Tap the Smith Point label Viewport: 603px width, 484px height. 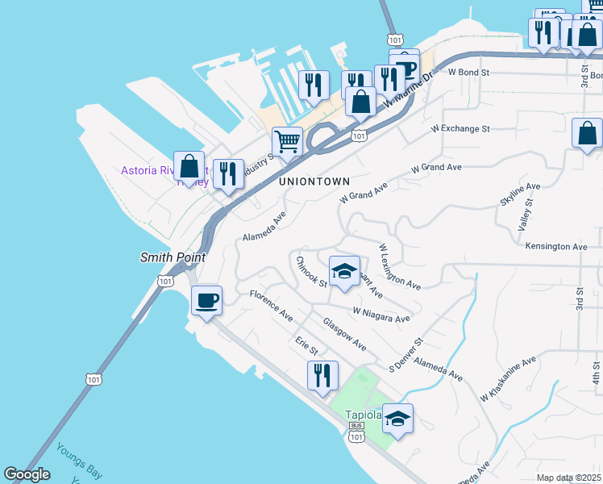pyautogui.click(x=172, y=257)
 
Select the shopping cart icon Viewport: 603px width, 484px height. pyautogui.click(x=287, y=143)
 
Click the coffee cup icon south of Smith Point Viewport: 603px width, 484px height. pyautogui.click(x=207, y=301)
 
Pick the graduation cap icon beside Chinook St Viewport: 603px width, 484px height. pyautogui.click(x=344, y=272)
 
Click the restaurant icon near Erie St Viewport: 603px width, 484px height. pyautogui.click(x=322, y=376)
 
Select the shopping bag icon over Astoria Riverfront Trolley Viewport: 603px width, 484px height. pyautogui.click(x=189, y=167)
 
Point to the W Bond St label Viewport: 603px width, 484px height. pyautogui.click(x=469, y=72)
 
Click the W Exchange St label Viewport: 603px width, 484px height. pyautogui.click(x=460, y=128)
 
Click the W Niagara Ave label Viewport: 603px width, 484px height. pyautogui.click(x=381, y=314)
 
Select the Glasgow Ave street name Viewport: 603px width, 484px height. pyautogui.click(x=344, y=334)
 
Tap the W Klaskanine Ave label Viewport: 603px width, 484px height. pyautogui.click(x=508, y=379)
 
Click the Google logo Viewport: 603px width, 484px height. pyautogui.click(x=27, y=475)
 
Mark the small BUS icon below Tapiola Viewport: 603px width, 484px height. pyautogui.click(x=357, y=425)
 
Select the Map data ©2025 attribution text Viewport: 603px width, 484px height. pyautogui.click(x=568, y=478)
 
